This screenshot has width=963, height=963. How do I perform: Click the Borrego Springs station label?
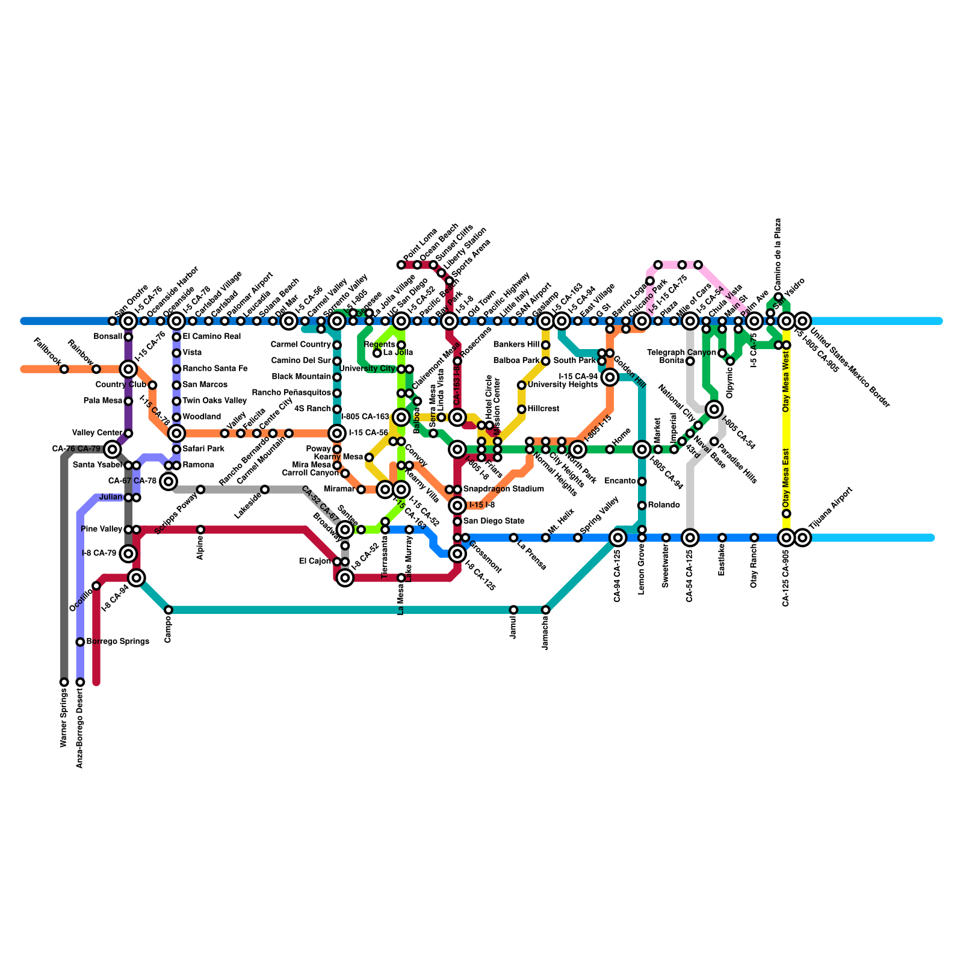[x=117, y=642]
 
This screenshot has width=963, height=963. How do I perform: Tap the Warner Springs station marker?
[x=64, y=682]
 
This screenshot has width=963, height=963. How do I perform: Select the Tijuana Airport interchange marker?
[x=802, y=537]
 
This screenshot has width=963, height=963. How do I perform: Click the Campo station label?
[x=168, y=630]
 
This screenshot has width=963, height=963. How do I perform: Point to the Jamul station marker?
[x=513, y=610]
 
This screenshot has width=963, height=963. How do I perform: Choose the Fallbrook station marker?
[x=64, y=369]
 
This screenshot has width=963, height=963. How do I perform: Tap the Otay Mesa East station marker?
[x=786, y=513]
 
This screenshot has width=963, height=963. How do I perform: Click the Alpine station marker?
[x=200, y=530]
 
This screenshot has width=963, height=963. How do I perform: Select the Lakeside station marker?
[x=265, y=489]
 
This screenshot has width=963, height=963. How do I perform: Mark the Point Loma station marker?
[x=401, y=265]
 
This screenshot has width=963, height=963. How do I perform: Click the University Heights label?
[x=562, y=385]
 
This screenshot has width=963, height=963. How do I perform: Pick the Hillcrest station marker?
[x=521, y=409]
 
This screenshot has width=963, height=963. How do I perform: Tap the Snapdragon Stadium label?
[x=504, y=489]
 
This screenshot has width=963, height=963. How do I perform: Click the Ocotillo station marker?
[x=96, y=586]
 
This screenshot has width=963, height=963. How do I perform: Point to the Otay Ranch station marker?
[x=754, y=537]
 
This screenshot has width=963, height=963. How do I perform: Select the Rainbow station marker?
[x=96, y=369]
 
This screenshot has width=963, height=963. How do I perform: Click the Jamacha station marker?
[x=545, y=610]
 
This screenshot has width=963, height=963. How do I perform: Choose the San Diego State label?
[x=494, y=521]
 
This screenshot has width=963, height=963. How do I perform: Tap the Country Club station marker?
[x=152, y=385]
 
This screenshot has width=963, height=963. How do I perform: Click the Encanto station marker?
[x=642, y=482]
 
